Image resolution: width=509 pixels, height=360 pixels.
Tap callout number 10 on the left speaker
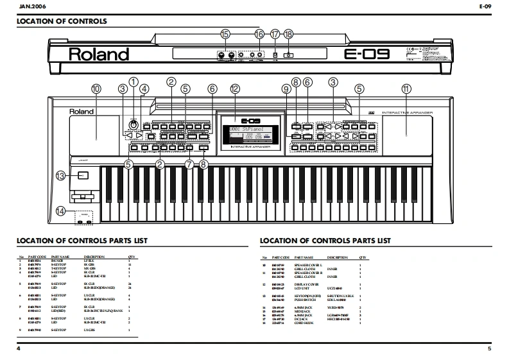(96, 89)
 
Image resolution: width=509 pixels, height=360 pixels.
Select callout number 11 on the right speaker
(405, 89)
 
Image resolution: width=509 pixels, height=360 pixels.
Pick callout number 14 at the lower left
(60, 210)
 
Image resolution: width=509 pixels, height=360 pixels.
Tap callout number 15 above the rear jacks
(225, 34)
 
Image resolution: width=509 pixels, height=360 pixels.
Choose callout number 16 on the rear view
(259, 34)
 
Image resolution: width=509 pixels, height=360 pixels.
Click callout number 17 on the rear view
(275, 34)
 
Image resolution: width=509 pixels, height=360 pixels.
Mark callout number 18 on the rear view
(288, 34)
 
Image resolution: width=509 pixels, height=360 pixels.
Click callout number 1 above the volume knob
(134, 81)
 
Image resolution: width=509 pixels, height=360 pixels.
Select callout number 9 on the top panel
(286, 89)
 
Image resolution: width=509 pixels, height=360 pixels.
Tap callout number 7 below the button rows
(189, 164)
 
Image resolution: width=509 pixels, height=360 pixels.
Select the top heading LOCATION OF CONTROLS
(61, 22)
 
